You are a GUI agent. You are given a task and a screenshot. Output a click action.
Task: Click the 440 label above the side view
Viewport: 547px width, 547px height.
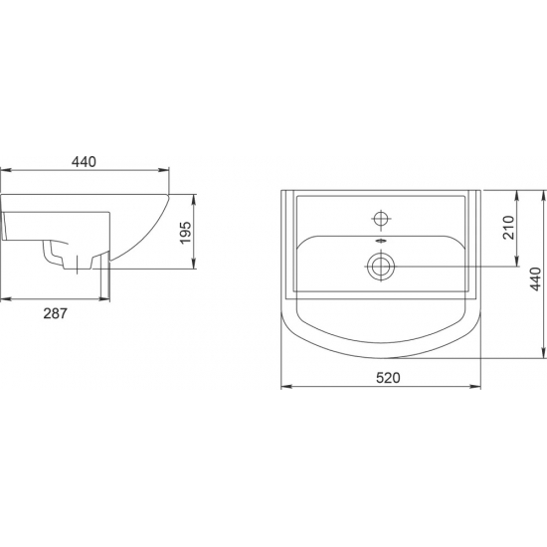[84, 162]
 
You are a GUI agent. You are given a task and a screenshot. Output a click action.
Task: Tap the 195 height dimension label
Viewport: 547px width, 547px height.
[186, 233]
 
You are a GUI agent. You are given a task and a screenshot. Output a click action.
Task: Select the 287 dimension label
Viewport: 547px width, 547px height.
[55, 313]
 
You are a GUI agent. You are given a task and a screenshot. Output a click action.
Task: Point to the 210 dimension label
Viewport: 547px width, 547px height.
[508, 228]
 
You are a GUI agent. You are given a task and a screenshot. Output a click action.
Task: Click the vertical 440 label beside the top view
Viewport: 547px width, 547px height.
[535, 278]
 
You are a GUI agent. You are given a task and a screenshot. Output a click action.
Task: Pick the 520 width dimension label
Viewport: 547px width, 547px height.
[388, 378]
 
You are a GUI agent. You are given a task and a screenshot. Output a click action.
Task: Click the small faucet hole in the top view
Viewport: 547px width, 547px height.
[381, 219]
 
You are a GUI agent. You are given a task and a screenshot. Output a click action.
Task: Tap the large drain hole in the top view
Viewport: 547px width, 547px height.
[381, 267]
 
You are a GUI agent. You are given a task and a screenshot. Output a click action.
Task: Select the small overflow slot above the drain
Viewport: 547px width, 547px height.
[381, 240]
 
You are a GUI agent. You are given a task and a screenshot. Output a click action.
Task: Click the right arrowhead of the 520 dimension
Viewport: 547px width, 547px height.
[475, 386]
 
